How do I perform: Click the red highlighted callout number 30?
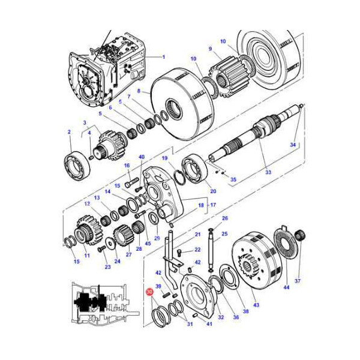click(x=149, y=292)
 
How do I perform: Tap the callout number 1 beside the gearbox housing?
click(x=164, y=57)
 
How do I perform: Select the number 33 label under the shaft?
click(x=268, y=172)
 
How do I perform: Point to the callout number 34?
click(x=293, y=145)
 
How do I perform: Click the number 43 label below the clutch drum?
click(x=256, y=305)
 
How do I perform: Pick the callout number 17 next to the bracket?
click(x=213, y=205)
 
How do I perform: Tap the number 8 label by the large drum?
click(x=139, y=91)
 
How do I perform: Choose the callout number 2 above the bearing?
click(x=69, y=132)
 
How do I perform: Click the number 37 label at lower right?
click(x=298, y=281)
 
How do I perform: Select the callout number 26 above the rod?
click(x=225, y=218)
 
